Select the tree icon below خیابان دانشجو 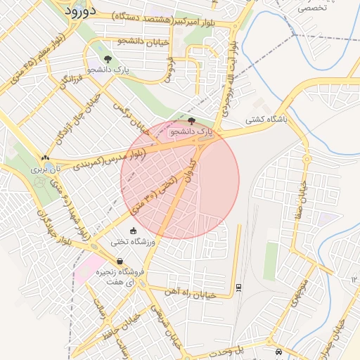tap(108, 59)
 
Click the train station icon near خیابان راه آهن tap(238, 287)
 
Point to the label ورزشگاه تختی tap(133, 243)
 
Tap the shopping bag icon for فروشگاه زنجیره tap(120, 262)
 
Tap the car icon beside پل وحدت tap(279, 352)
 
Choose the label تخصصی tap(311, 9)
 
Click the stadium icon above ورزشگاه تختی tap(133, 231)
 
